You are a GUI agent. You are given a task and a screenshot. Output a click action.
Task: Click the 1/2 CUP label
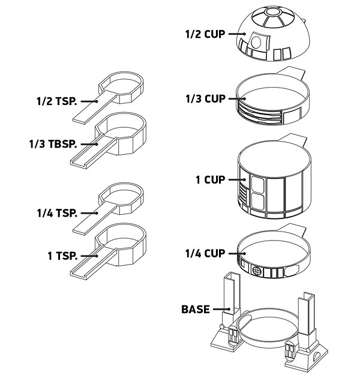pyautogui.click(x=205, y=34)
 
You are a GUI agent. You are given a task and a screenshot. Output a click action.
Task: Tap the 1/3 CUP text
pyautogui.click(x=205, y=98)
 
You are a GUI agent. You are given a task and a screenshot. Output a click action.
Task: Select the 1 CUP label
pyautogui.click(x=210, y=179)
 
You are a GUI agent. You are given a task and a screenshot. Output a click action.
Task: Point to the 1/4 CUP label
pyautogui.click(x=205, y=253)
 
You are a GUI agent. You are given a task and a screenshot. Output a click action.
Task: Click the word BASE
pyautogui.click(x=196, y=309)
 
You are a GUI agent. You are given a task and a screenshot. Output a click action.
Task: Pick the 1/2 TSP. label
pyautogui.click(x=57, y=101)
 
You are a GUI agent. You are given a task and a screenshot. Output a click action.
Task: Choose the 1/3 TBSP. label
pyautogui.click(x=53, y=144)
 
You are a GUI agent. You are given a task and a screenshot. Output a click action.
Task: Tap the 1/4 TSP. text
pyautogui.click(x=57, y=213)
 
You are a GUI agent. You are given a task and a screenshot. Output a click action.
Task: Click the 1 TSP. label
pyautogui.click(x=62, y=256)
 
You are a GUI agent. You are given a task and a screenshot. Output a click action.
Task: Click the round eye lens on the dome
pyautogui.click(x=256, y=42)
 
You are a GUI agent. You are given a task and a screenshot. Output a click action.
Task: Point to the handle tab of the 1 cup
pyautogui.click(x=292, y=140)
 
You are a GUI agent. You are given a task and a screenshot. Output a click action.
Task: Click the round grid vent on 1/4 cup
pyautogui.click(x=257, y=271)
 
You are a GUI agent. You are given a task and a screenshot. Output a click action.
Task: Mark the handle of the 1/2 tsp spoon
pyautogui.click(x=94, y=109)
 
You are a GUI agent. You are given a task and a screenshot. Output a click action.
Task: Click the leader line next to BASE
pyautogui.click(x=221, y=309)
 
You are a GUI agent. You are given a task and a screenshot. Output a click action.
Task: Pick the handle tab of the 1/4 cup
pyautogui.click(x=292, y=229)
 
